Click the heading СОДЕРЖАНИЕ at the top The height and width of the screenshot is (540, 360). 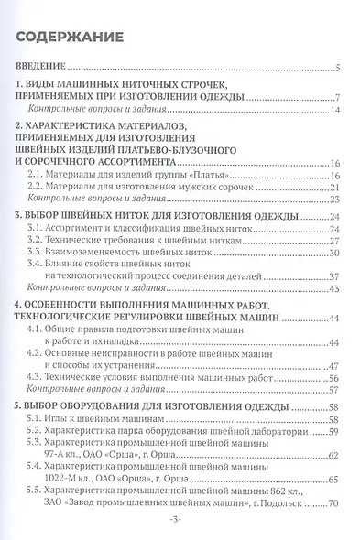[71, 38]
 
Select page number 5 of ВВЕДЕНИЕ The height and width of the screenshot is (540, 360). [338, 69]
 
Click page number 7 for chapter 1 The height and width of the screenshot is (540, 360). [338, 98]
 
